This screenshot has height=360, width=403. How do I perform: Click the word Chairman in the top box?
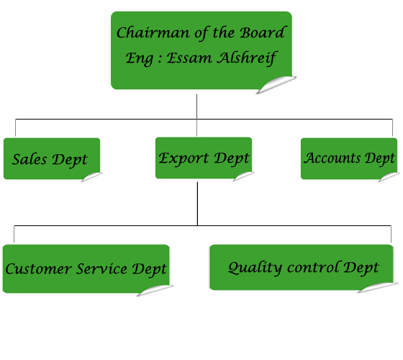pyautogui.click(x=153, y=32)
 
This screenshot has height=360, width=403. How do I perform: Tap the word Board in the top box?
pyautogui.click(x=263, y=32)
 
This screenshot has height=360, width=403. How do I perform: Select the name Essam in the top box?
pyautogui.click(x=189, y=58)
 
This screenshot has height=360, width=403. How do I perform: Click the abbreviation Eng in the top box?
pyautogui.click(x=139, y=58)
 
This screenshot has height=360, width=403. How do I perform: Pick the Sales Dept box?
pyautogui.click(x=53, y=159)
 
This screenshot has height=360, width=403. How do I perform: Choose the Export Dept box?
pyautogui.click(x=204, y=158)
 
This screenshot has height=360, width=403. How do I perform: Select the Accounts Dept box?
pyautogui.click(x=350, y=159)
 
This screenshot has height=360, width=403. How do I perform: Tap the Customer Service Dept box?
pyautogui.click(x=88, y=270)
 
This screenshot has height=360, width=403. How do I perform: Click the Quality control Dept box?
pyautogui.click(x=304, y=268)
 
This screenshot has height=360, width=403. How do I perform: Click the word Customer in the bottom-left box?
pyautogui.click(x=38, y=269)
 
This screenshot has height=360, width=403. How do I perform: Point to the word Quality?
pyautogui.click(x=255, y=268)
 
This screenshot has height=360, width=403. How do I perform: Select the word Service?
pyautogui.click(x=101, y=269)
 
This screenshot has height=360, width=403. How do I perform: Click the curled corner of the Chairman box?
pyautogui.click(x=276, y=85)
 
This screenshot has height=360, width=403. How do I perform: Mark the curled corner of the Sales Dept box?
pyautogui.click(x=92, y=177)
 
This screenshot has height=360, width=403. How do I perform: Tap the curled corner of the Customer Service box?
pyautogui.click(x=155, y=290)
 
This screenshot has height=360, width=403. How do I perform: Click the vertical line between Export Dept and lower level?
pyautogui.click(x=197, y=204)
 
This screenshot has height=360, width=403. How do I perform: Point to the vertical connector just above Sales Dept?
pyautogui.click(x=15, y=128)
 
